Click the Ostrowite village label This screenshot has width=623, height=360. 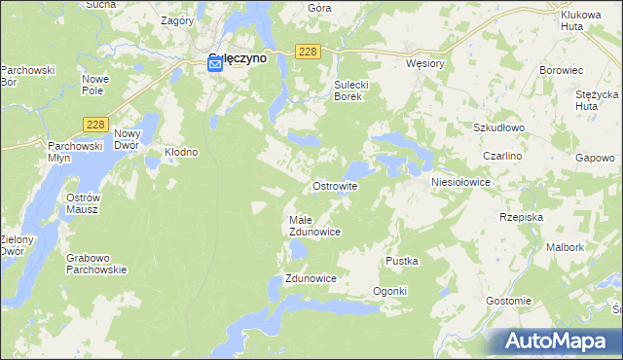pyautogui.click(x=335, y=185)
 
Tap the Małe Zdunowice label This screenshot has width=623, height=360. pyautogui.click(x=314, y=226)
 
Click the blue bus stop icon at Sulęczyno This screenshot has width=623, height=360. pyautogui.click(x=215, y=63)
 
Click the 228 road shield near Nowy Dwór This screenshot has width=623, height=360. pyautogui.click(x=94, y=124)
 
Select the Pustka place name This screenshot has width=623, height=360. pyautogui.click(x=402, y=261)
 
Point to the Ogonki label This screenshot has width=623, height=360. pyautogui.click(x=389, y=292)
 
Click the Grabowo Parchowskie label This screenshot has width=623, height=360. pyautogui.click(x=97, y=264)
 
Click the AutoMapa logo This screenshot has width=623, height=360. pyautogui.click(x=557, y=341)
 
